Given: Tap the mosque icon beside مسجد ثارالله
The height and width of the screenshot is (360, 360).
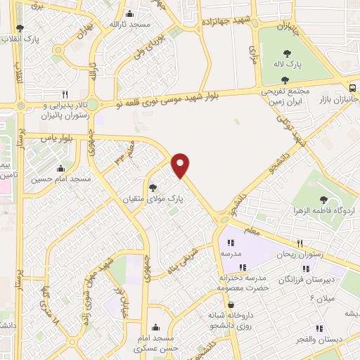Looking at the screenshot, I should pos(129,14).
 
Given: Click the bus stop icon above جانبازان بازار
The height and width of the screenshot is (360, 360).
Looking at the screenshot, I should pos(351,88).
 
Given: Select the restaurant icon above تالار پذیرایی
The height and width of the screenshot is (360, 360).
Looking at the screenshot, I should pos(65,94).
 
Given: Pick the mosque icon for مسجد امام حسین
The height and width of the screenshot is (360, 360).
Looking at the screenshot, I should pos(60,168).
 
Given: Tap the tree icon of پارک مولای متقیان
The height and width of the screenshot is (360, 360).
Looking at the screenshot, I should pos(154,187).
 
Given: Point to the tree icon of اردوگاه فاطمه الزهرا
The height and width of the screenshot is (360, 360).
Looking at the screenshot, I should pos(323,200).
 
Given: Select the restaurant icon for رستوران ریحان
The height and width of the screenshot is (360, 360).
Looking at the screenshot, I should pos(300,243).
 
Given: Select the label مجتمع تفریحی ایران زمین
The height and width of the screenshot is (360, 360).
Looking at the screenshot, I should pos(288,96).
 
